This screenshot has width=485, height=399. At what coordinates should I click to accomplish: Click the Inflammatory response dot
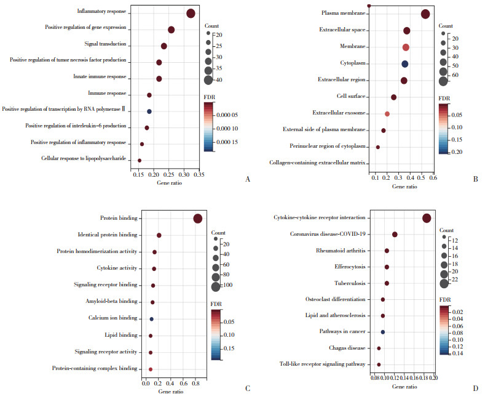point(191,14)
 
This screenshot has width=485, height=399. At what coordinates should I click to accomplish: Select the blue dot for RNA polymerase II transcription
point(149,111)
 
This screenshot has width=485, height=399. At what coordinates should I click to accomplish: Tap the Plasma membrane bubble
point(425,14)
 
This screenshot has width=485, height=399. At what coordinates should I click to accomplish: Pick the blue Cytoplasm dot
point(405,64)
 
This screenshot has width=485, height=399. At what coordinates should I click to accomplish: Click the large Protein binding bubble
point(197,219)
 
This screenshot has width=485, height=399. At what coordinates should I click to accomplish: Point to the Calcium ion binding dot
point(151,319)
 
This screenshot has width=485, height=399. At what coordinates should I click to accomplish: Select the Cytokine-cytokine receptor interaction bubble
point(427,218)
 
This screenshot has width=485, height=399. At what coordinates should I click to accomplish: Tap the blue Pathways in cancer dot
point(383,332)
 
